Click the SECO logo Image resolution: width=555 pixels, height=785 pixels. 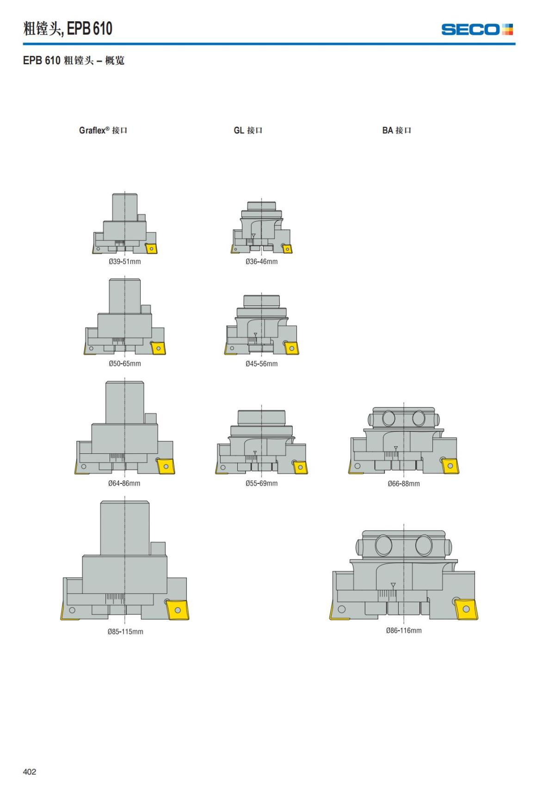(x=477, y=30)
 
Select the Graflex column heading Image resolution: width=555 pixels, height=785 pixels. (x=103, y=130)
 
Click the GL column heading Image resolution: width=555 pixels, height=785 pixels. (x=248, y=130)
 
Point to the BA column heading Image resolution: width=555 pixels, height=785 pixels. (x=397, y=130)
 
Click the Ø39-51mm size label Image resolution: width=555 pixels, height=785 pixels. (x=125, y=261)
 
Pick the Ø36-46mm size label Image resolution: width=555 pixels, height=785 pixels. (x=261, y=261)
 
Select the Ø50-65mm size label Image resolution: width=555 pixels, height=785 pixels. (x=125, y=364)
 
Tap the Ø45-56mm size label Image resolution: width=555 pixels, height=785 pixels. (x=261, y=364)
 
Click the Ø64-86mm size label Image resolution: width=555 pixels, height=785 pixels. (x=124, y=483)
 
